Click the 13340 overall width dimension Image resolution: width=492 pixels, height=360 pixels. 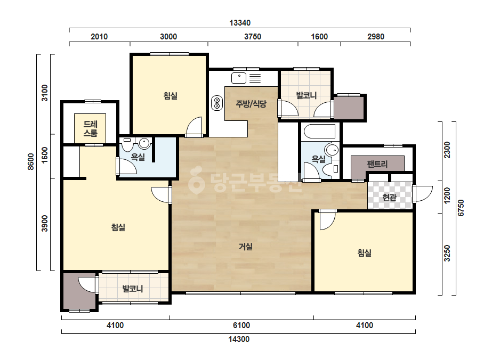pos(240,23)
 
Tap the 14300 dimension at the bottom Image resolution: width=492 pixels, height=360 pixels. pos(239,339)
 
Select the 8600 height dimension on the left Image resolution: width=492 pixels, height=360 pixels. pos(31,161)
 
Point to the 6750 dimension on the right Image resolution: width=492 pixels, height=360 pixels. pos(461,208)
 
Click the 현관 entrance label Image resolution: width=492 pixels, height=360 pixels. pos(390,197)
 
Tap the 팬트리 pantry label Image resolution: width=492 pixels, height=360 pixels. pos(377,164)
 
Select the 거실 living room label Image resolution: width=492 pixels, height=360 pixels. pos(246,247)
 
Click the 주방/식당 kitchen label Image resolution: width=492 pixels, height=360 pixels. pos(251,104)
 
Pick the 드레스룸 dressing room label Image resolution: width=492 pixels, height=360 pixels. pos(91,128)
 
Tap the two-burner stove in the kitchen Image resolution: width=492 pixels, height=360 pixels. pos(217,103)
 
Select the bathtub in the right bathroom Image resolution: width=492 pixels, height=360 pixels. pos(319,131)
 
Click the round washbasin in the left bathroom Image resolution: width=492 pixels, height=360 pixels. pos(144,143)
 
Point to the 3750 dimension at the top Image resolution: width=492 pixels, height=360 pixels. pos(253,37)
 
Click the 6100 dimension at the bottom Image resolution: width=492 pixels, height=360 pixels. pos(241,325)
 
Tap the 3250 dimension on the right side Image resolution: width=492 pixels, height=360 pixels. pos(447,253)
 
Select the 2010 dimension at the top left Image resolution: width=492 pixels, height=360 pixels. pos(99,37)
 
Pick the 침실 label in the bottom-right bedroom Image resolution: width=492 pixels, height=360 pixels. pos(365,253)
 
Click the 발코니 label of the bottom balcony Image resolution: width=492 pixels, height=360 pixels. pos(133,289)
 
